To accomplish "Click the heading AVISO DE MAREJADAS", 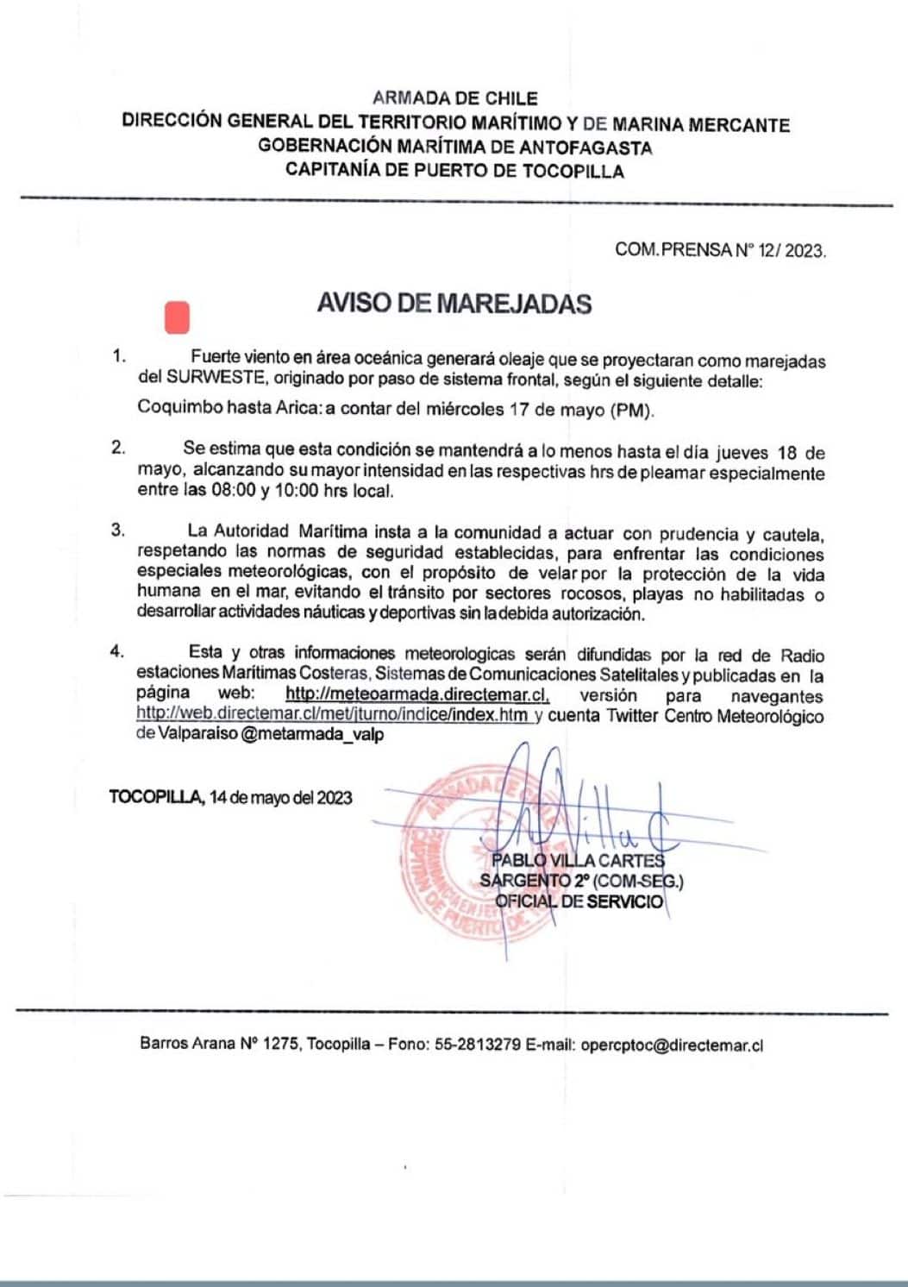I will [454, 304].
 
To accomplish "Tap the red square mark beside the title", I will [177, 317].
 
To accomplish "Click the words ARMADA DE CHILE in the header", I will [454, 98].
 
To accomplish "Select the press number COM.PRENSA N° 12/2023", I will [720, 250].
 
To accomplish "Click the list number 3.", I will [117, 530].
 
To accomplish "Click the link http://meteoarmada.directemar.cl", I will [416, 695].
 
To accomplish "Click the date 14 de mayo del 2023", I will [280, 797].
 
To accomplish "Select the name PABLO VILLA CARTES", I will [578, 860].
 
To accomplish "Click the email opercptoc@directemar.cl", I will [672, 1045].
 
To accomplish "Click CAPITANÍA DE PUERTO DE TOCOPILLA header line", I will [454, 171].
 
